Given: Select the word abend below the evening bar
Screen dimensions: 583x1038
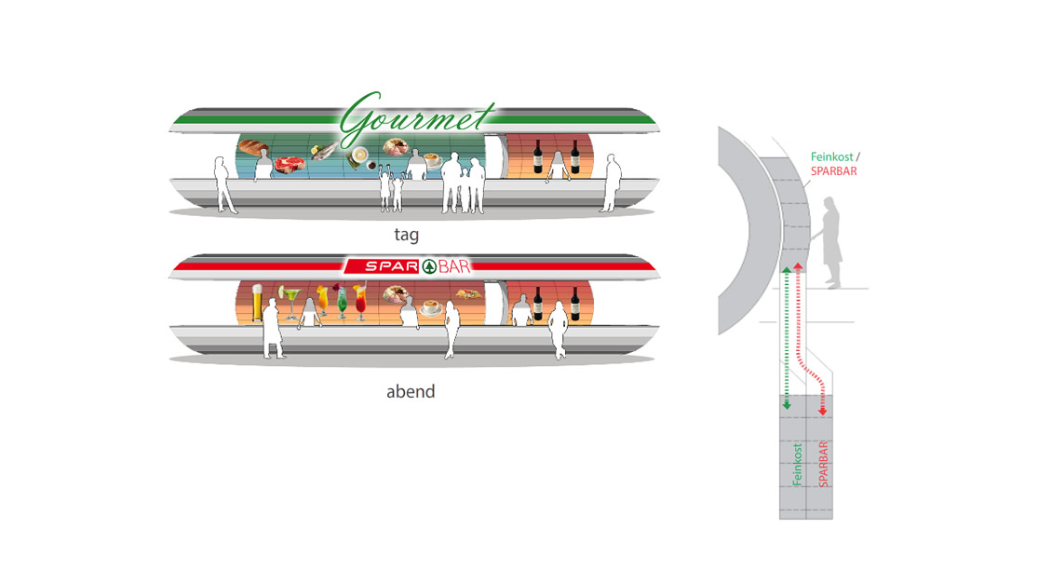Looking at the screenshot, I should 411,391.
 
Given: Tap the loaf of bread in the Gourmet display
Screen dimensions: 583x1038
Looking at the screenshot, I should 253,148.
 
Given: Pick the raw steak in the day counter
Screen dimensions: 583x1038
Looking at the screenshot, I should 289,166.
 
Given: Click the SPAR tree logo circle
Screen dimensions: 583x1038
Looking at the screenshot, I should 430,267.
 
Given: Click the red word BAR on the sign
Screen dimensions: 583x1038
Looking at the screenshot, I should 456,267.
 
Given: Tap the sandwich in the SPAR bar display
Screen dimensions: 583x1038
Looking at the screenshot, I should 466,296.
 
